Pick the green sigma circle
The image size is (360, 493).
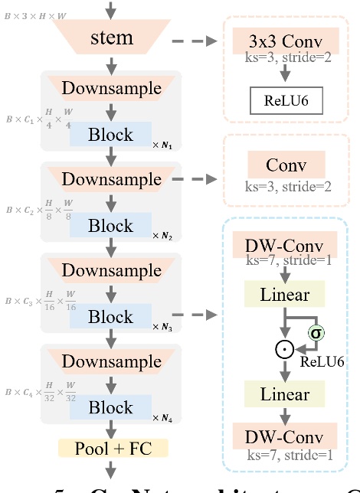tap(315, 333)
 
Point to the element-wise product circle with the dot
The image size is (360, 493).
tap(286, 350)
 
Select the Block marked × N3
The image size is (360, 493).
tap(110, 316)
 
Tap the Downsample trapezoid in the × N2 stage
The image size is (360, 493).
tap(112, 180)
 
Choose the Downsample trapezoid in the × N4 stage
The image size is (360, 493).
tap(112, 361)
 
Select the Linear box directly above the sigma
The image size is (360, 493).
tap(286, 295)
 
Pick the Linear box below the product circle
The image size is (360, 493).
tap(286, 395)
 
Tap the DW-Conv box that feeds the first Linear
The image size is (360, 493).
tap(286, 246)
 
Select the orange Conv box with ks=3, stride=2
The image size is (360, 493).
tap(286, 165)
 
